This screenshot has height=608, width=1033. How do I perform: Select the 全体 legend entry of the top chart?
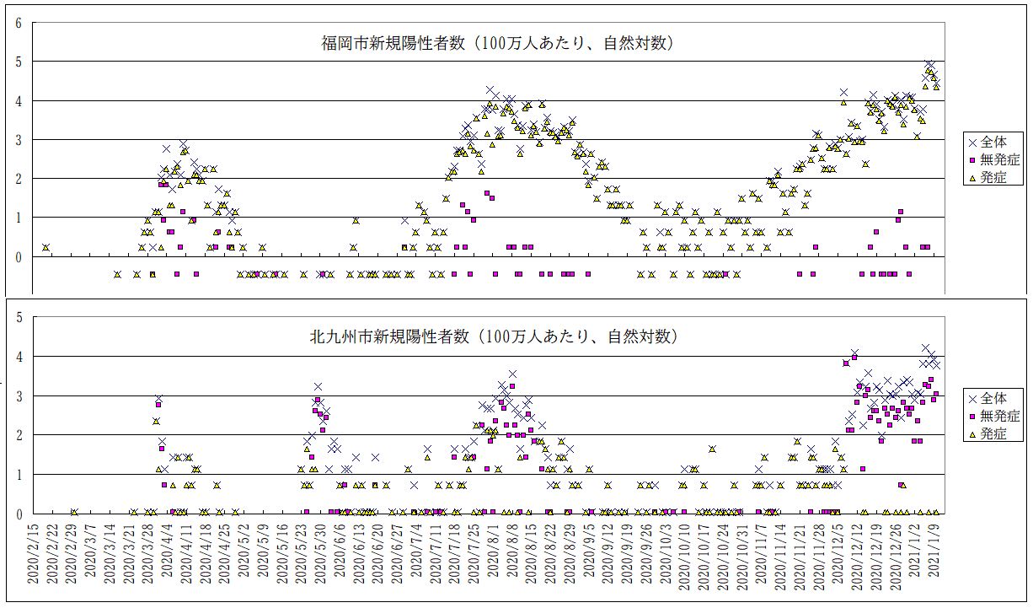[x=998, y=143]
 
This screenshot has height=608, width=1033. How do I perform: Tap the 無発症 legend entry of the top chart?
[x=998, y=160]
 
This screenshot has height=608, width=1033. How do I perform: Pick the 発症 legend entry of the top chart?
[x=998, y=178]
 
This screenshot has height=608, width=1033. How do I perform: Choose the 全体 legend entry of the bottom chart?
[x=998, y=398]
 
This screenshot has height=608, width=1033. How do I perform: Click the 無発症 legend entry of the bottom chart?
[x=998, y=416]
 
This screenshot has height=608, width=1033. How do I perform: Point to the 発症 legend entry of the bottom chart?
[x=998, y=433]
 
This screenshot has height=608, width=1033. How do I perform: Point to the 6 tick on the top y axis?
[x=18, y=23]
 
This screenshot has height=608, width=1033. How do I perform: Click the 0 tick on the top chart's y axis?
[x=18, y=257]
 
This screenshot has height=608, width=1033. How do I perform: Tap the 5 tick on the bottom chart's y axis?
[x=18, y=317]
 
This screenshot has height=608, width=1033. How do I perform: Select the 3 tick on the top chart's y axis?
[x=18, y=140]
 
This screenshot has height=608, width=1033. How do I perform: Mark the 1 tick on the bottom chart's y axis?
[x=18, y=475]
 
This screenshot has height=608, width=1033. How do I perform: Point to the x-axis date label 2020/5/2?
[x=243, y=557]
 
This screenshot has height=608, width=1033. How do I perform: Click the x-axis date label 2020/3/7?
[x=92, y=557]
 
